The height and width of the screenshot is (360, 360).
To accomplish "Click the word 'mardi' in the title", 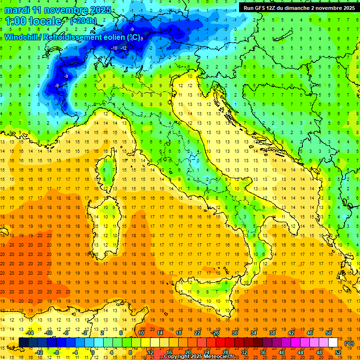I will point(17,10).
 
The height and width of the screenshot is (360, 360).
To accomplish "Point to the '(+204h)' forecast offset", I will point(83,21).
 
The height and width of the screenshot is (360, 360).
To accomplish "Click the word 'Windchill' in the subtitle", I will point(21,37).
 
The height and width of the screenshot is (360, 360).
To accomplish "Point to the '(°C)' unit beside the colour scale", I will point(349,343).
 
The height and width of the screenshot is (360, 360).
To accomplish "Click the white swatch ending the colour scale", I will point(333,343).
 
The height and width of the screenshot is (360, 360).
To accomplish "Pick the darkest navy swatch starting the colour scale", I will point(23,343).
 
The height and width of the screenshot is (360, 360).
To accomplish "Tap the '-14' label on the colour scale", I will point(29,333).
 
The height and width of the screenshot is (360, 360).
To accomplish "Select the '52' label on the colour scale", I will point(338,352).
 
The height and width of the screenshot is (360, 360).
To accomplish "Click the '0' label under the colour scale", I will point(93,352).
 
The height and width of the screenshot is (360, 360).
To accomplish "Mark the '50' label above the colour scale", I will point(329,333).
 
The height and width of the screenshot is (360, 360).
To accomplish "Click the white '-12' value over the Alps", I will point(123,48).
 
